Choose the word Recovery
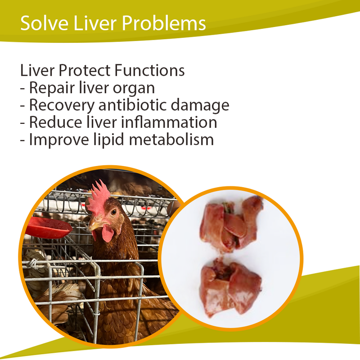[x=62, y=105]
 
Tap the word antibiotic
[x=136, y=105]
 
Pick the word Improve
[x=56, y=140]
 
